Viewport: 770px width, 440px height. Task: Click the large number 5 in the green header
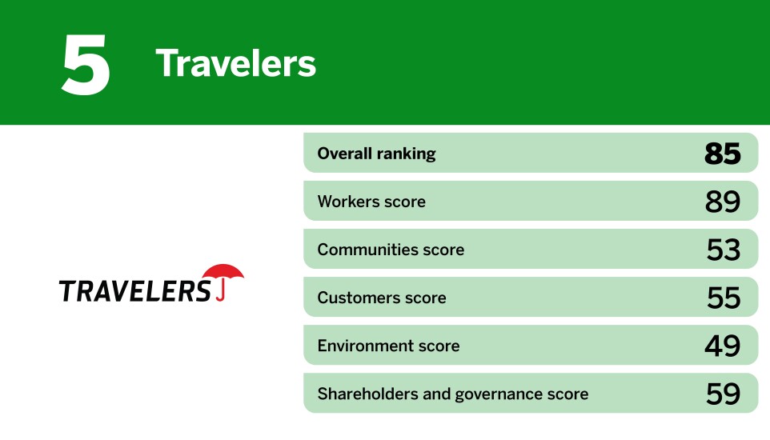click(86, 64)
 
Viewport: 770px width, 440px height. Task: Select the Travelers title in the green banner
click(236, 63)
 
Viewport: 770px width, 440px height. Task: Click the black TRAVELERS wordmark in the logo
click(134, 290)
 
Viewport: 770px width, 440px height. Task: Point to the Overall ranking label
click(376, 154)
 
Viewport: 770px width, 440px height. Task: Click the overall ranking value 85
click(723, 154)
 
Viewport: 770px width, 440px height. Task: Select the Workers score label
click(371, 202)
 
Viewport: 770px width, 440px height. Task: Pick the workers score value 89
click(723, 202)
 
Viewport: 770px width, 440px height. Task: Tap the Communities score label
click(391, 250)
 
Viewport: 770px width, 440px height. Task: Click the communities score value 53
click(724, 250)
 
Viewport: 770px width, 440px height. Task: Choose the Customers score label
click(382, 298)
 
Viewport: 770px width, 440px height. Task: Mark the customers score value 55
click(724, 298)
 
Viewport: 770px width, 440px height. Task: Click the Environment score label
click(388, 346)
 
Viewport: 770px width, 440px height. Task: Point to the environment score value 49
click(723, 346)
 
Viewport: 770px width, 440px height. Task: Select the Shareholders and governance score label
click(452, 394)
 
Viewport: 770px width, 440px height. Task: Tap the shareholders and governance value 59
click(723, 394)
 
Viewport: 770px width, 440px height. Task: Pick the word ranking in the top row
click(407, 154)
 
